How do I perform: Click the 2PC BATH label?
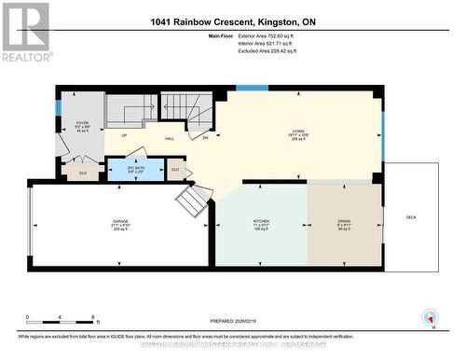(127, 169)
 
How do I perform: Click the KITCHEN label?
(261, 224)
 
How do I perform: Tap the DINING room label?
(344, 224)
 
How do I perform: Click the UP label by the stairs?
(123, 135)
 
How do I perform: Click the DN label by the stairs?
(205, 138)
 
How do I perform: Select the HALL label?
(170, 138)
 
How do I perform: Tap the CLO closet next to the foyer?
(82, 173)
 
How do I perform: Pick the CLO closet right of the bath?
(175, 169)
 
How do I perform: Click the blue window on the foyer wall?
(57, 108)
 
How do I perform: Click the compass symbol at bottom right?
(430, 317)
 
